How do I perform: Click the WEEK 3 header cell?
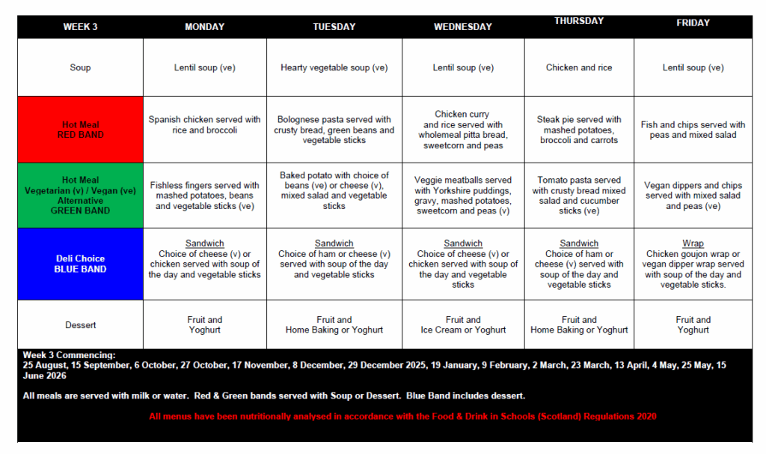coord(80,27)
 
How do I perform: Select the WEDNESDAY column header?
coord(463,27)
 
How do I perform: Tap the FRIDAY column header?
coord(693,23)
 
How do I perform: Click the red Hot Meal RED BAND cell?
coord(80,130)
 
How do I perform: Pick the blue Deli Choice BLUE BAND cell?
coord(80,264)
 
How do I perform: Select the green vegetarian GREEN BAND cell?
coord(80,196)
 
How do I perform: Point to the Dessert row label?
coord(80,325)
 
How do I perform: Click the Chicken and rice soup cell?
coord(579,67)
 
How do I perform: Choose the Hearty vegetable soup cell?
coord(334,67)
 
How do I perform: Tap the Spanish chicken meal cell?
coord(204,124)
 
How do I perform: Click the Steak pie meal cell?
coord(579,130)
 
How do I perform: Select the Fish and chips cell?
coord(693,130)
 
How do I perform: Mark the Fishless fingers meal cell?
coord(204,196)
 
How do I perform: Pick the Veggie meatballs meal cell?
coord(463,196)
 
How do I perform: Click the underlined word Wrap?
coord(693,243)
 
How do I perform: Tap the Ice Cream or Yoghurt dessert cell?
coord(463,325)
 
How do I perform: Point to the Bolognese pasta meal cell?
coord(334,130)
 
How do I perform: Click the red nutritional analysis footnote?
coord(402,416)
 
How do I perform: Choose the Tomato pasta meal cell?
coord(579,196)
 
